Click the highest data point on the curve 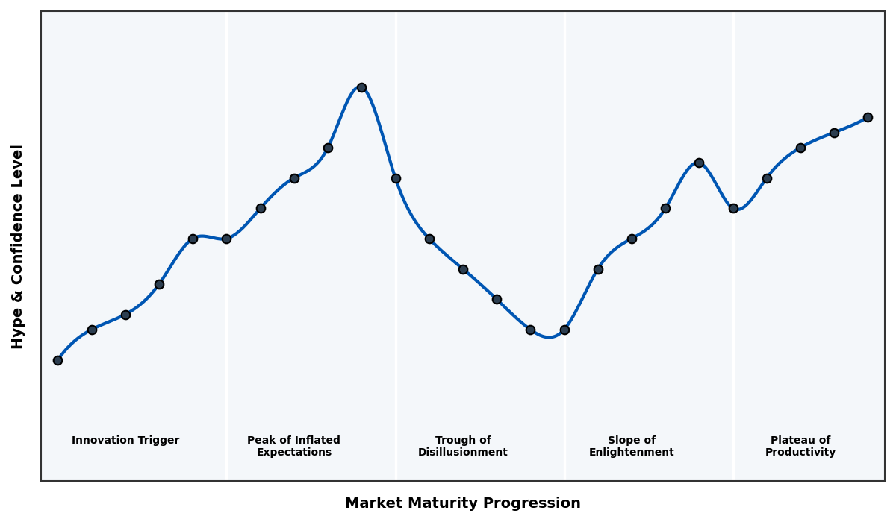pos(361,87)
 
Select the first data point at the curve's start pos(57,360)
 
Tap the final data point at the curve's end pos(868,117)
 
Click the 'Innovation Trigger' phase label pos(125,441)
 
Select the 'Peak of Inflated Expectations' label pos(293,446)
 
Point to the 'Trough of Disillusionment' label pos(463,446)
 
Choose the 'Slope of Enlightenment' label pos(632,446)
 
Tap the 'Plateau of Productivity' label pos(800,446)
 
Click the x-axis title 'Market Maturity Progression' pos(463,503)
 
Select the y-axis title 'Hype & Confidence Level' pos(18,246)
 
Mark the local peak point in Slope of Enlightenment pos(699,163)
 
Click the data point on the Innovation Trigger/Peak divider pos(226,239)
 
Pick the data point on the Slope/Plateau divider pos(733,208)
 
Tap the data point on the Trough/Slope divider pos(564,330)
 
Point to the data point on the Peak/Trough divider pos(396,178)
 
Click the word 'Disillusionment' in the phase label pos(463,453)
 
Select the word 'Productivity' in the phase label pos(800,453)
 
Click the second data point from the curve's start pos(92,330)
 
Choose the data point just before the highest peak pos(328,148)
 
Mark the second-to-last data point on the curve pos(834,133)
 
